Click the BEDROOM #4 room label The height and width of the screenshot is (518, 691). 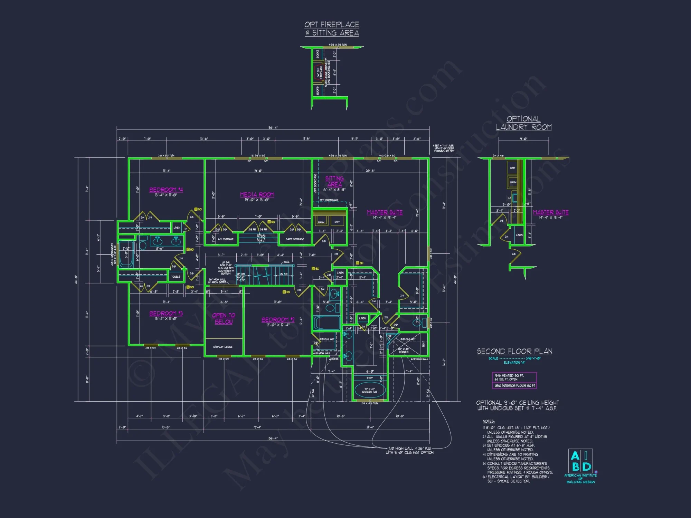pos(166,190)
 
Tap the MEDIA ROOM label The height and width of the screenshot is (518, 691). pos(257,195)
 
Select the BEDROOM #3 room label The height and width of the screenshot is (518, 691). pos(166,313)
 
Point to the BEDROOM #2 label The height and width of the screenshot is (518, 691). pos(278,320)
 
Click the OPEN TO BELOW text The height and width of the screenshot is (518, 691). pos(224,318)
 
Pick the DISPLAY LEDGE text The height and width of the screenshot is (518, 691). pos(223,347)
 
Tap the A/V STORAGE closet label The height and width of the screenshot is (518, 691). pos(225,239)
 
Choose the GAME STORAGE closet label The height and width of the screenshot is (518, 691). pos(295,239)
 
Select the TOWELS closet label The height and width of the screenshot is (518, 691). pos(176,277)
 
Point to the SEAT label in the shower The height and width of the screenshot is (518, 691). pos(424,344)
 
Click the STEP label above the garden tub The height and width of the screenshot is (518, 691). pos(369,378)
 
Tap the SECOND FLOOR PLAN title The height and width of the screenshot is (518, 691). pos(514,352)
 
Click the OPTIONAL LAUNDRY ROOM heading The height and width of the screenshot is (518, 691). pos(524,123)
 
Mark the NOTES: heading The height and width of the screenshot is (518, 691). pos(489,421)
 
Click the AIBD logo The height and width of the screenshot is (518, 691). pos(580,461)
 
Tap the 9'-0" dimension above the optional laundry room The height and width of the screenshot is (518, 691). pos(523,139)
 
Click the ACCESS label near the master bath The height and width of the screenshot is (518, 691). pos(334,359)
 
